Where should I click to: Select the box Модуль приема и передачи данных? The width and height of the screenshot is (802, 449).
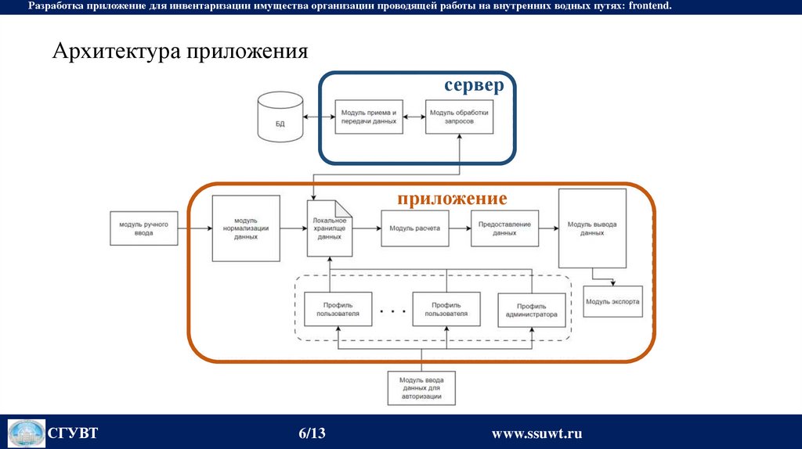coord(369,117)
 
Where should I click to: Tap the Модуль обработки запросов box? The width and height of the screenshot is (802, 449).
coord(458,117)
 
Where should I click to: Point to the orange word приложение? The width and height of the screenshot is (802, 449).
coord(451,199)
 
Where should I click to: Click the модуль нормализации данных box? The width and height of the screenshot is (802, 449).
coord(246,228)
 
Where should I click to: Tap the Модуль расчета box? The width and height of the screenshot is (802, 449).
coord(414,228)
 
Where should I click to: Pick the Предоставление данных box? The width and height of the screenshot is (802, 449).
coord(504,228)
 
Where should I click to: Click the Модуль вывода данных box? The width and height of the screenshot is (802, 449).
coord(592,228)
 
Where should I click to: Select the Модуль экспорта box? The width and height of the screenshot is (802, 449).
coord(612,301)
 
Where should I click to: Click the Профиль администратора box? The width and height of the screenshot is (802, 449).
coord(531,310)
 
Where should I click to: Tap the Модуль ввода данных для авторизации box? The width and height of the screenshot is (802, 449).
coord(421,387)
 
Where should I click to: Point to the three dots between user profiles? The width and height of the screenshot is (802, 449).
coord(392,311)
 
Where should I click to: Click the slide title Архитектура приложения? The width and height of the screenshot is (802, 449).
coord(180,52)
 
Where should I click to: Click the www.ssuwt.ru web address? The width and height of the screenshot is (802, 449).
coord(536,433)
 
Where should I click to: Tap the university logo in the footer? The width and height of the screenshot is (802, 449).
coord(26,433)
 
